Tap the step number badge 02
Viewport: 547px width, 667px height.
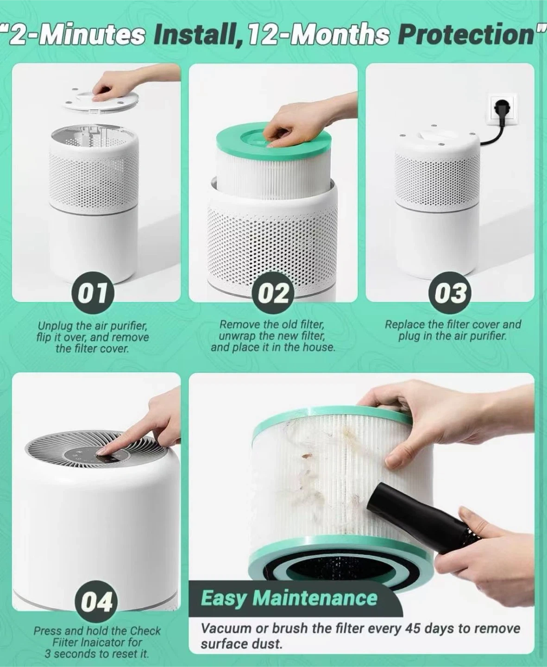pos(273,293)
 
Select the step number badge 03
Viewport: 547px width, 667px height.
pos(450,293)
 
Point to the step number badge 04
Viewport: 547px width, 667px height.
pos(96,602)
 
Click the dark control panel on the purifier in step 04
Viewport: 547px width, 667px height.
pos(97,457)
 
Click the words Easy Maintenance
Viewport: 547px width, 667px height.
pos(289,598)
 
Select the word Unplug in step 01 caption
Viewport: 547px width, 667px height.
pos(56,326)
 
